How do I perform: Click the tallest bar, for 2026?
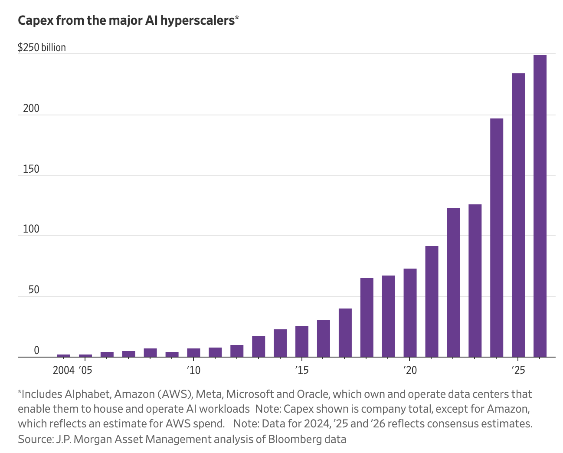[540, 206]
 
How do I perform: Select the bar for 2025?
[518, 215]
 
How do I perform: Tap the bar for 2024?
[497, 238]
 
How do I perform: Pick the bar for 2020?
[410, 313]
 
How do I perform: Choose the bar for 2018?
[367, 318]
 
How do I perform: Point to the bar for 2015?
[302, 341]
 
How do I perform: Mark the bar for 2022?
[453, 282]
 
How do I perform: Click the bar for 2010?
[193, 353]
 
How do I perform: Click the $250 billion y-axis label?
[42, 47]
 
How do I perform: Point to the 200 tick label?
[31, 108]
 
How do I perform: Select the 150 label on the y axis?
[31, 169]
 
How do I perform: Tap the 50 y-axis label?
[33, 289]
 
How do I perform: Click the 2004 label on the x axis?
[63, 370]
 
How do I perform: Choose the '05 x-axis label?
[85, 370]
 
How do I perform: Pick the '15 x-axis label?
[302, 370]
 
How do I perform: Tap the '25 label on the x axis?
[518, 370]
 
